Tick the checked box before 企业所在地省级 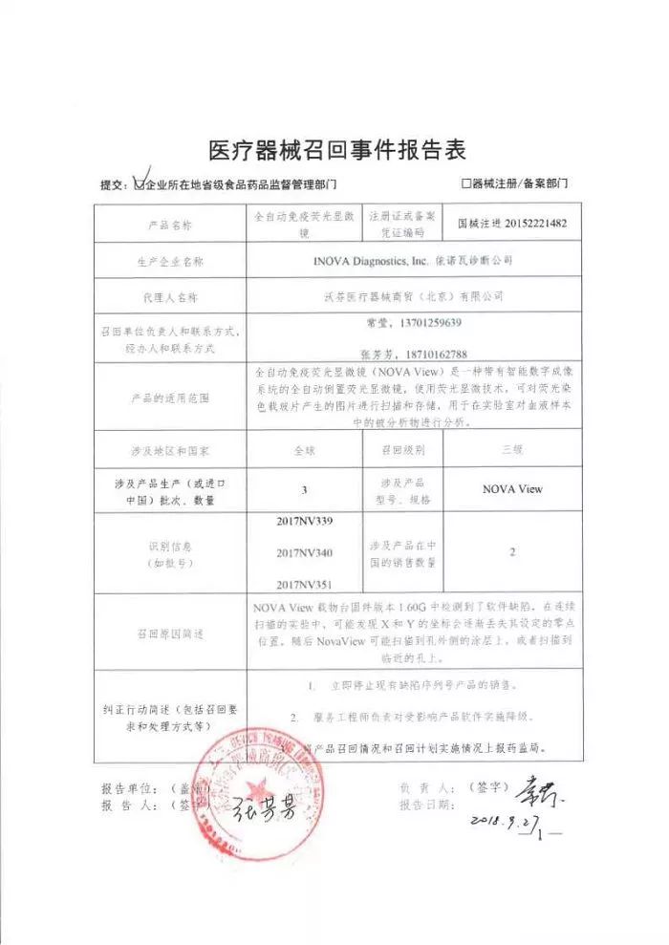tap(142, 182)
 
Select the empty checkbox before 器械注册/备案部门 tap(465, 182)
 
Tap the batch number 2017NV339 tap(304, 521)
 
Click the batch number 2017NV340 tap(304, 552)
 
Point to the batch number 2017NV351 tap(304, 583)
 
